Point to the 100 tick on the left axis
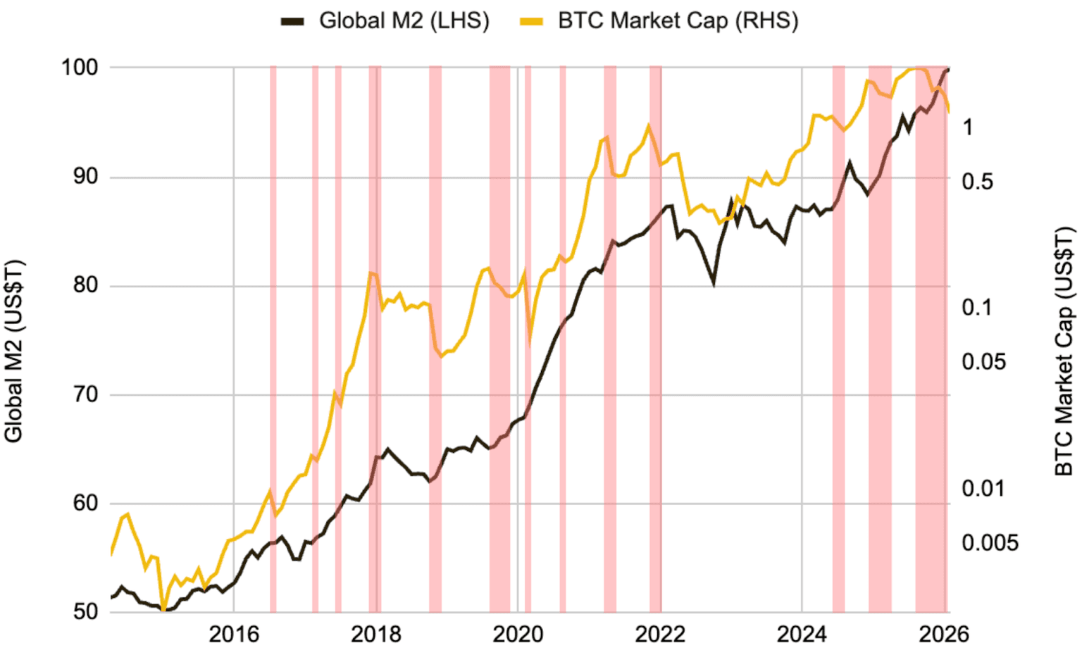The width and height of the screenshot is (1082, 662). click(80, 68)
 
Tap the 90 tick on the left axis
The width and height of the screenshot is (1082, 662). click(84, 177)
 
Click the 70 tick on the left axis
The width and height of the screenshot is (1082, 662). click(84, 394)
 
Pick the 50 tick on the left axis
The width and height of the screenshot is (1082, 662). click(84, 611)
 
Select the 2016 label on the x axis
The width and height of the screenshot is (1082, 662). click(234, 635)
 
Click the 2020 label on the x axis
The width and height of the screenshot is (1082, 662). click(518, 635)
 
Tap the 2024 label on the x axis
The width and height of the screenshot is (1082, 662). click(802, 635)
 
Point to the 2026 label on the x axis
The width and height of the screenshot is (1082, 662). click(944, 635)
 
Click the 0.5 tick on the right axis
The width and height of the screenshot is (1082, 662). click(977, 182)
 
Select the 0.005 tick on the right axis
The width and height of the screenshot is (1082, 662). click(990, 543)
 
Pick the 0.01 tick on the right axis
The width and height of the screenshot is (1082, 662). click(983, 488)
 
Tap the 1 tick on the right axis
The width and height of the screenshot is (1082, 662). click(968, 127)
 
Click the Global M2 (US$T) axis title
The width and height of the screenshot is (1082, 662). click(14, 351)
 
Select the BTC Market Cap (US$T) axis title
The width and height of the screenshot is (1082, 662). click(1064, 351)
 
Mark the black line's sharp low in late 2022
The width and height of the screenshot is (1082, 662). click(714, 284)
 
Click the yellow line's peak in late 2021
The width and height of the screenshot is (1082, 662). click(648, 125)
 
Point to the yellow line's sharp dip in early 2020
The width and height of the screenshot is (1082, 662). click(530, 343)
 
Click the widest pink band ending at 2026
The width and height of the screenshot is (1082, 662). click(931, 338)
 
